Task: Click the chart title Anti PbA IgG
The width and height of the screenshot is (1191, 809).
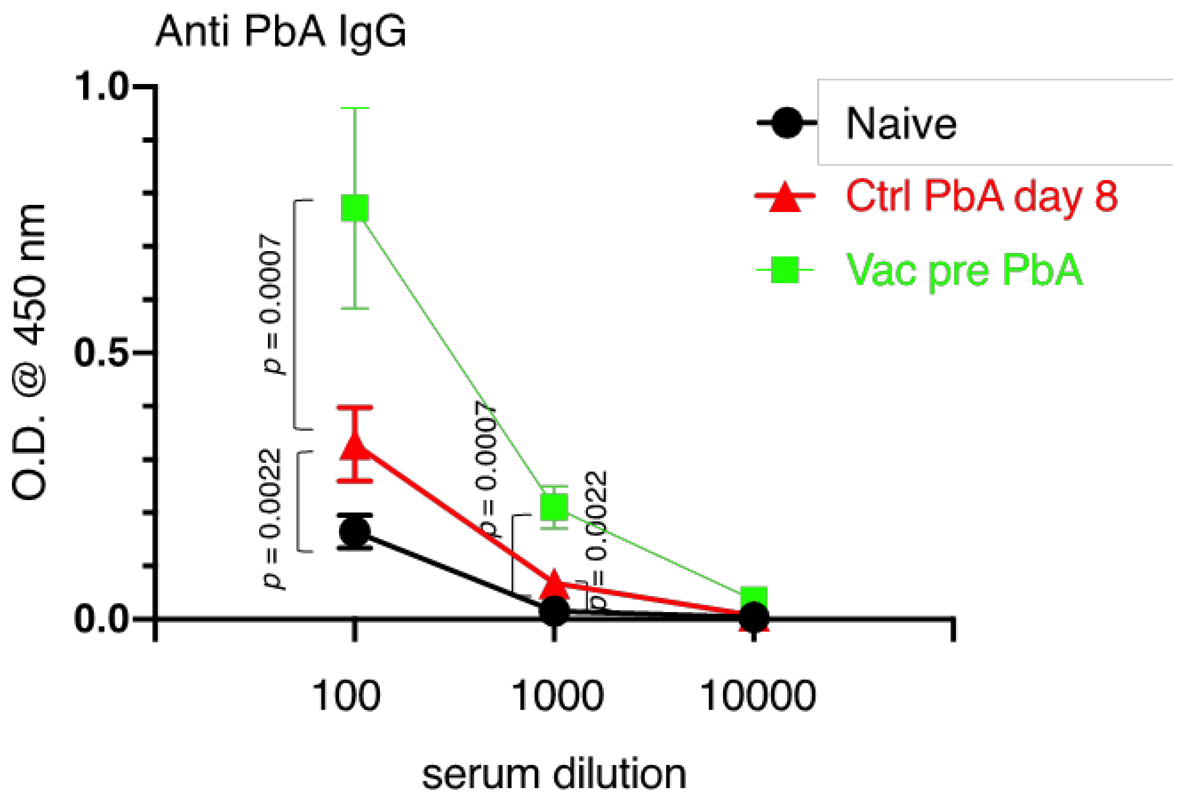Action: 281,32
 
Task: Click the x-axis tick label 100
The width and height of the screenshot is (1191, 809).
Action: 347,696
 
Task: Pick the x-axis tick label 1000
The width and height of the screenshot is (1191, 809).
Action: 558,696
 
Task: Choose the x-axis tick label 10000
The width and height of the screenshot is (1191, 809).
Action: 757,696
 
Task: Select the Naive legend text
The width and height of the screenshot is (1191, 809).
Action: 901,124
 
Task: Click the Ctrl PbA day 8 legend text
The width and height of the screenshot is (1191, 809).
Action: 981,196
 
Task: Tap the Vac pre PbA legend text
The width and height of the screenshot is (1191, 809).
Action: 964,270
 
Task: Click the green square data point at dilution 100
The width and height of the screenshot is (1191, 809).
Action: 355,208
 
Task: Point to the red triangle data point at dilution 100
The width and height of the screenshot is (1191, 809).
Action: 355,445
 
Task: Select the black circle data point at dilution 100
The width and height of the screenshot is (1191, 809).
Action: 355,532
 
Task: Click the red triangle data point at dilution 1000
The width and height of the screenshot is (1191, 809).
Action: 555,585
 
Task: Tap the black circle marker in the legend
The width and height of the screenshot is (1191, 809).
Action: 786,123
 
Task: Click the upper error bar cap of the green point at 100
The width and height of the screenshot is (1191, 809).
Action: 355,108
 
